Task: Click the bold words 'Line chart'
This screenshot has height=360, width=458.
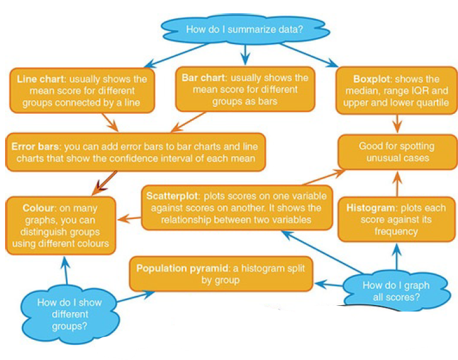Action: [x=39, y=79]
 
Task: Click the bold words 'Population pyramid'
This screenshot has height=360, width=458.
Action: [x=177, y=268]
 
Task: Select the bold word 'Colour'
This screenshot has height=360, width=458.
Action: [x=40, y=208]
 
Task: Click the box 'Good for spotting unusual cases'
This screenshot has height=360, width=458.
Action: [x=397, y=152]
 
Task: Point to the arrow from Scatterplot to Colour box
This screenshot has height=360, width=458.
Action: [x=128, y=218]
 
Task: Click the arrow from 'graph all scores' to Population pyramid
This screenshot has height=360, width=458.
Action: [x=329, y=284]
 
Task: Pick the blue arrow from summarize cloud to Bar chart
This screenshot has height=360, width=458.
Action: [x=245, y=55]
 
